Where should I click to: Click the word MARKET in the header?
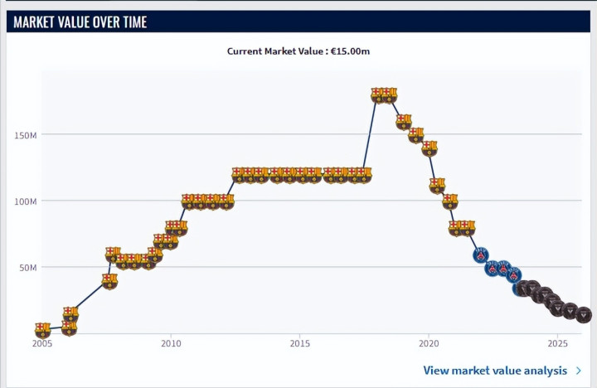click(x=35, y=22)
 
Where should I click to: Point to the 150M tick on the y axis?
click(x=28, y=134)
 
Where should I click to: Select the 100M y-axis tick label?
click(x=28, y=201)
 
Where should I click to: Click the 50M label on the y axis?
click(x=31, y=267)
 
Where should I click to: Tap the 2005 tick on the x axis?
click(x=42, y=343)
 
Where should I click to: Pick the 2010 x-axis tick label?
click(x=171, y=343)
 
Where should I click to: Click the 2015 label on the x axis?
click(x=300, y=343)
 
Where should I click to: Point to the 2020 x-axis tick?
click(x=429, y=343)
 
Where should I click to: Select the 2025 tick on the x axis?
click(x=558, y=343)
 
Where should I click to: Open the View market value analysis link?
click(x=495, y=371)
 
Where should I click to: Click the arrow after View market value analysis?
click(x=578, y=371)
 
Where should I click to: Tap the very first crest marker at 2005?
click(x=42, y=330)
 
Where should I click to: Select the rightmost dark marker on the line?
click(x=583, y=314)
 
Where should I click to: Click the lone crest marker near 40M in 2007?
click(x=109, y=281)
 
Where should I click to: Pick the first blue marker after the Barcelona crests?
click(x=481, y=255)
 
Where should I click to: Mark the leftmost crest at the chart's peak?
click(x=377, y=95)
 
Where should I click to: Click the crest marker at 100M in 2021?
click(x=449, y=201)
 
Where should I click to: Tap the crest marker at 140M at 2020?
click(x=429, y=148)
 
